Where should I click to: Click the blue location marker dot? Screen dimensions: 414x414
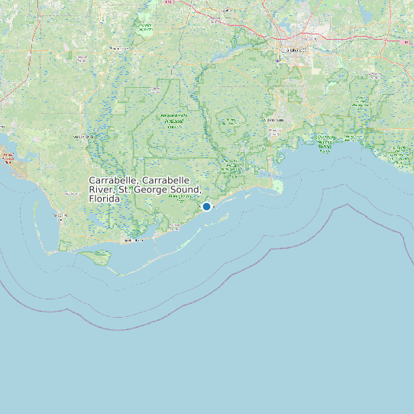pos(206,206)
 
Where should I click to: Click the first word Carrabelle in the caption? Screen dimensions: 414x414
pos(113,180)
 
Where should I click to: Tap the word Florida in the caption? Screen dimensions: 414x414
pos(105,199)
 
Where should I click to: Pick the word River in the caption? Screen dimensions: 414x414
pos(101,189)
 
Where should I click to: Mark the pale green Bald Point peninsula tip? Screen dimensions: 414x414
pos(277,186)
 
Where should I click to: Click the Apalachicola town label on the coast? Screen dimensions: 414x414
pos(134,241)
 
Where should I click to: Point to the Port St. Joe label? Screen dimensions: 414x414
pos(61,216)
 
